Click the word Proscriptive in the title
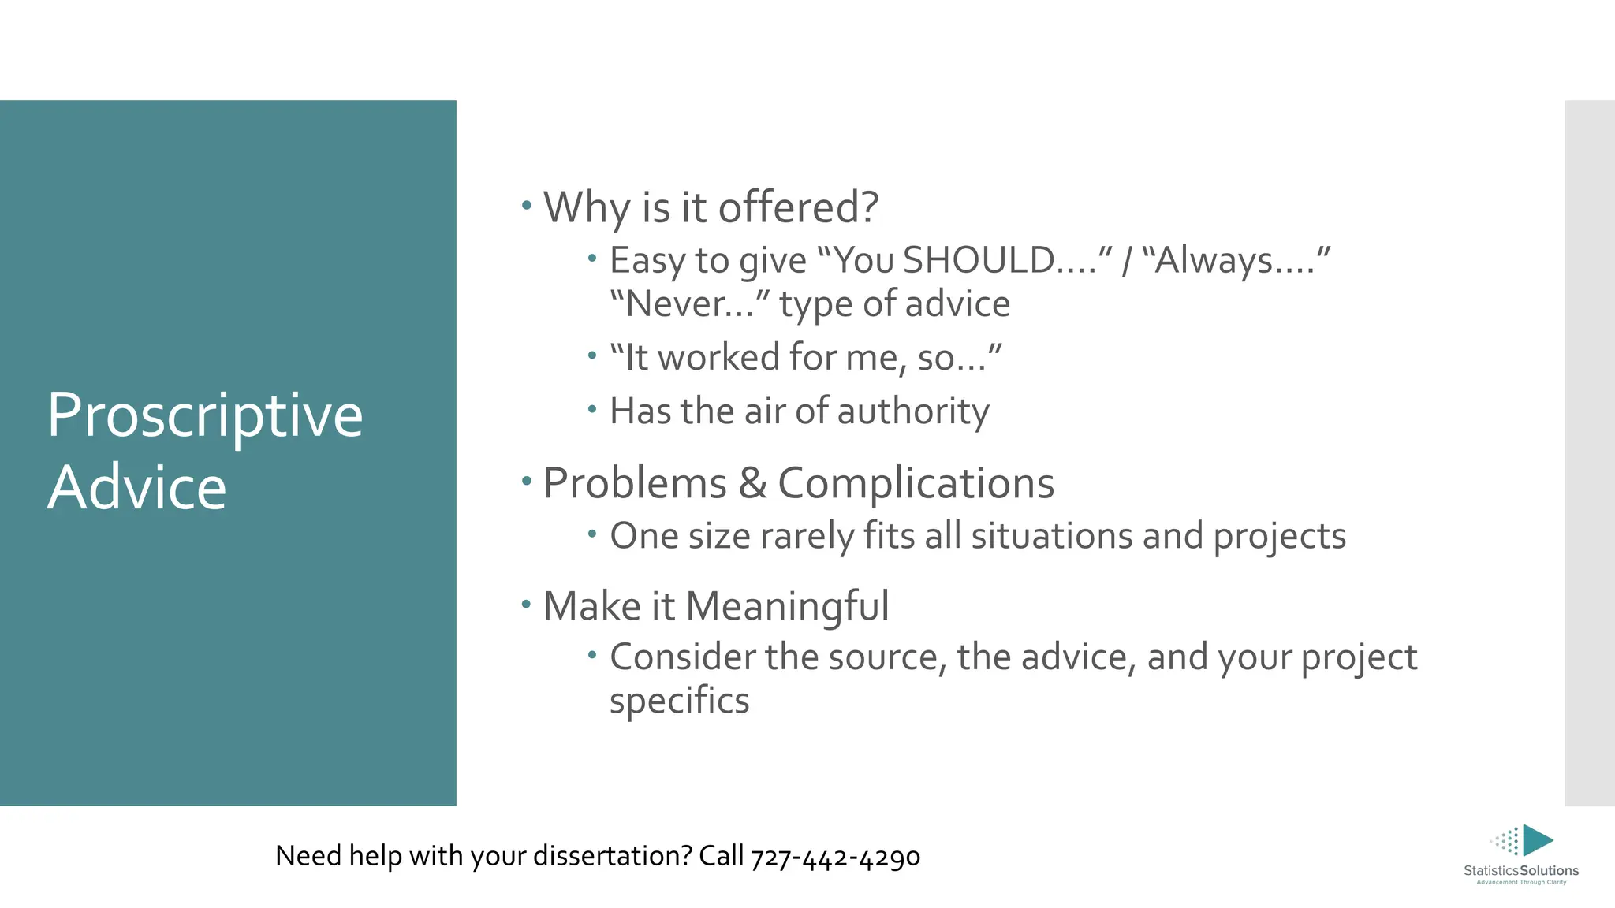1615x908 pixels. coord(205,416)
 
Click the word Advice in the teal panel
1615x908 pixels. coord(137,487)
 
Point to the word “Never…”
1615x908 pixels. coord(689,304)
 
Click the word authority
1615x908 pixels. coord(912,411)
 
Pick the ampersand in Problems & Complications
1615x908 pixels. coord(752,483)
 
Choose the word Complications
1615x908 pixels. coord(916,483)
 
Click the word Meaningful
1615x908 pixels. coord(787,607)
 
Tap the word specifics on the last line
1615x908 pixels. coord(679,701)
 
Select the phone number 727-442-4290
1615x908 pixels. coord(835,857)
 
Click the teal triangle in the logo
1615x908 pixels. coord(1536,840)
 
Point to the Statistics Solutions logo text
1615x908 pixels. coord(1520,871)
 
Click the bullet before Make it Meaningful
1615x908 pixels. coord(527,605)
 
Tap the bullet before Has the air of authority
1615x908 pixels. coord(592,408)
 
